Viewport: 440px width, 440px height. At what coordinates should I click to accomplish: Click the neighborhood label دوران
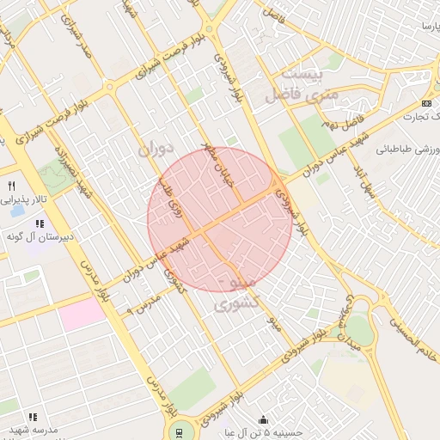click(155, 149)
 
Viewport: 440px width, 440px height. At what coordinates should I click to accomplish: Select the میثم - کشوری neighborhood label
click(233, 293)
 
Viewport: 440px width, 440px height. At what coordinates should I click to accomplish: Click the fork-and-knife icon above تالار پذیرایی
click(11, 186)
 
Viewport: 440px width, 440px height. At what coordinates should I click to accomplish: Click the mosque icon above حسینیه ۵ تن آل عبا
click(263, 420)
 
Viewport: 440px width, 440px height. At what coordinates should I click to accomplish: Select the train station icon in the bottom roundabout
click(180, 431)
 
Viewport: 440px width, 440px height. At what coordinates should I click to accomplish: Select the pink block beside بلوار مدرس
click(82, 313)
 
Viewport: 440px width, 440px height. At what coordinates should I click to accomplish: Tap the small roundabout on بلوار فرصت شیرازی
click(109, 86)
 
